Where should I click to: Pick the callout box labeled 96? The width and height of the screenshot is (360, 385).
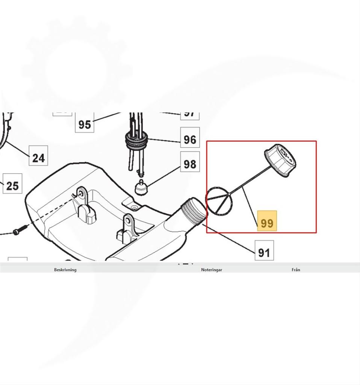[x=190, y=139]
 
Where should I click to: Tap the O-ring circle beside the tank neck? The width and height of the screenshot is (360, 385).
[x=219, y=201]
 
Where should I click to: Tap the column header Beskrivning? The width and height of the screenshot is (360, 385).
[x=65, y=270]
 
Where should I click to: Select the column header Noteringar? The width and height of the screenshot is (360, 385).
[x=212, y=270]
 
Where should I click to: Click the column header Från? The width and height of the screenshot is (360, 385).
[x=296, y=270]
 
